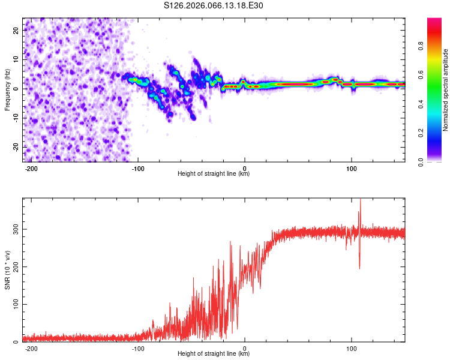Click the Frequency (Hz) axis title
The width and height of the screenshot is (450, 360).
click(7, 89)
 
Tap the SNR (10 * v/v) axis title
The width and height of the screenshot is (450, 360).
click(7, 269)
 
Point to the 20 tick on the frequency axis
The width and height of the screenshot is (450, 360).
click(16, 29)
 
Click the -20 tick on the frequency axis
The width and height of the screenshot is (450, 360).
click(15, 147)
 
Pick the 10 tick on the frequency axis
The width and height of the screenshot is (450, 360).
click(16, 59)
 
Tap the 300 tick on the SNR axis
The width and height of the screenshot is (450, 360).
click(13, 229)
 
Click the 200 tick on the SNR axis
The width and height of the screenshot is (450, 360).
click(13, 267)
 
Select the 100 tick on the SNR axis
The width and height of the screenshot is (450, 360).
click(13, 304)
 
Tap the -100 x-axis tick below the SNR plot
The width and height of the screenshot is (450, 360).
click(138, 348)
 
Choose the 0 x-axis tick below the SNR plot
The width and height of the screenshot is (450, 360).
click(245, 348)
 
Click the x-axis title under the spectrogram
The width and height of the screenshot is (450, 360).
click(214, 174)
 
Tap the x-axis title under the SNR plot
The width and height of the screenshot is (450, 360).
click(214, 354)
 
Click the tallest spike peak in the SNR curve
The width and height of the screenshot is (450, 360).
click(360, 200)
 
